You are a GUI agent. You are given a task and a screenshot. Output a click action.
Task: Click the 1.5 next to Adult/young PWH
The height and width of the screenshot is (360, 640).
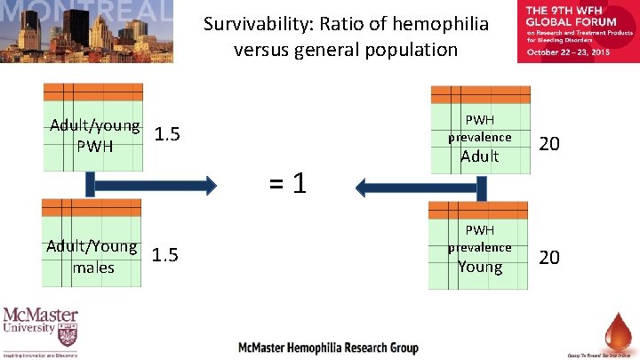(167, 135)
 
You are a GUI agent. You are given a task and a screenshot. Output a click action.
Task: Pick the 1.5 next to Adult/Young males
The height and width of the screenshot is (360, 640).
(165, 256)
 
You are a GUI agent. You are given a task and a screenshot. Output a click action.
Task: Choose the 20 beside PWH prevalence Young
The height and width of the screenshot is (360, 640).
(550, 257)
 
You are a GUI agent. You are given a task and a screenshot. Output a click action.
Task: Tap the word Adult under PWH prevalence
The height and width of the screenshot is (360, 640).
(480, 157)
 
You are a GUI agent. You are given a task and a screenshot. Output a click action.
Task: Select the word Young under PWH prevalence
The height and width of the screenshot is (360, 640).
(480, 267)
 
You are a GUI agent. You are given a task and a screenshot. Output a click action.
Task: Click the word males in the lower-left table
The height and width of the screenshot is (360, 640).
(94, 267)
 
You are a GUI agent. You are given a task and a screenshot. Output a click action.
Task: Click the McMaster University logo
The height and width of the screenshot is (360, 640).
(40, 331)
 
